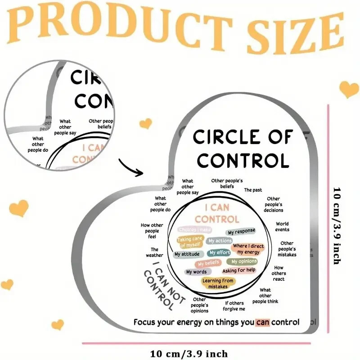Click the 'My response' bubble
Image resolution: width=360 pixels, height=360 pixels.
(x=241, y=232)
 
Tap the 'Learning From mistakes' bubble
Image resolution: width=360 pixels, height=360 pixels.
(x=218, y=283)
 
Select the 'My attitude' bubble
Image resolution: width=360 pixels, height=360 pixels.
(x=186, y=254)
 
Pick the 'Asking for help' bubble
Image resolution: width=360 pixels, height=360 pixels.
(x=239, y=270)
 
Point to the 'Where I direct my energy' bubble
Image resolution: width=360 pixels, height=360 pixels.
(x=248, y=249)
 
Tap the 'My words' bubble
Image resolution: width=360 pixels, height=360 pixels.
(x=196, y=272)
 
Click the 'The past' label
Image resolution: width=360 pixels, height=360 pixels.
(x=253, y=190)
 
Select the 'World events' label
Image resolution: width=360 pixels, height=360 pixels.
(x=282, y=226)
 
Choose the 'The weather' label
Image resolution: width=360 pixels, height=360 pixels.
(x=154, y=252)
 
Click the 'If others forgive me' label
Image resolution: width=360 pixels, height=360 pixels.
(x=235, y=306)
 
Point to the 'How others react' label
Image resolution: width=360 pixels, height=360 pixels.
(x=279, y=273)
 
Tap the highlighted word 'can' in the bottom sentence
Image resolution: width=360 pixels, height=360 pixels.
(x=262, y=322)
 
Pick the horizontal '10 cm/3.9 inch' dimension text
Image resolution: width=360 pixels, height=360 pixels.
(x=189, y=353)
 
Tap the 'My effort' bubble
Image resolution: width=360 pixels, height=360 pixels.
(x=220, y=253)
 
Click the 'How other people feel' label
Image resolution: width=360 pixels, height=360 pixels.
(x=152, y=230)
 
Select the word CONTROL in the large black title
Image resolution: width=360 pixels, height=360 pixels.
(x=243, y=160)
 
